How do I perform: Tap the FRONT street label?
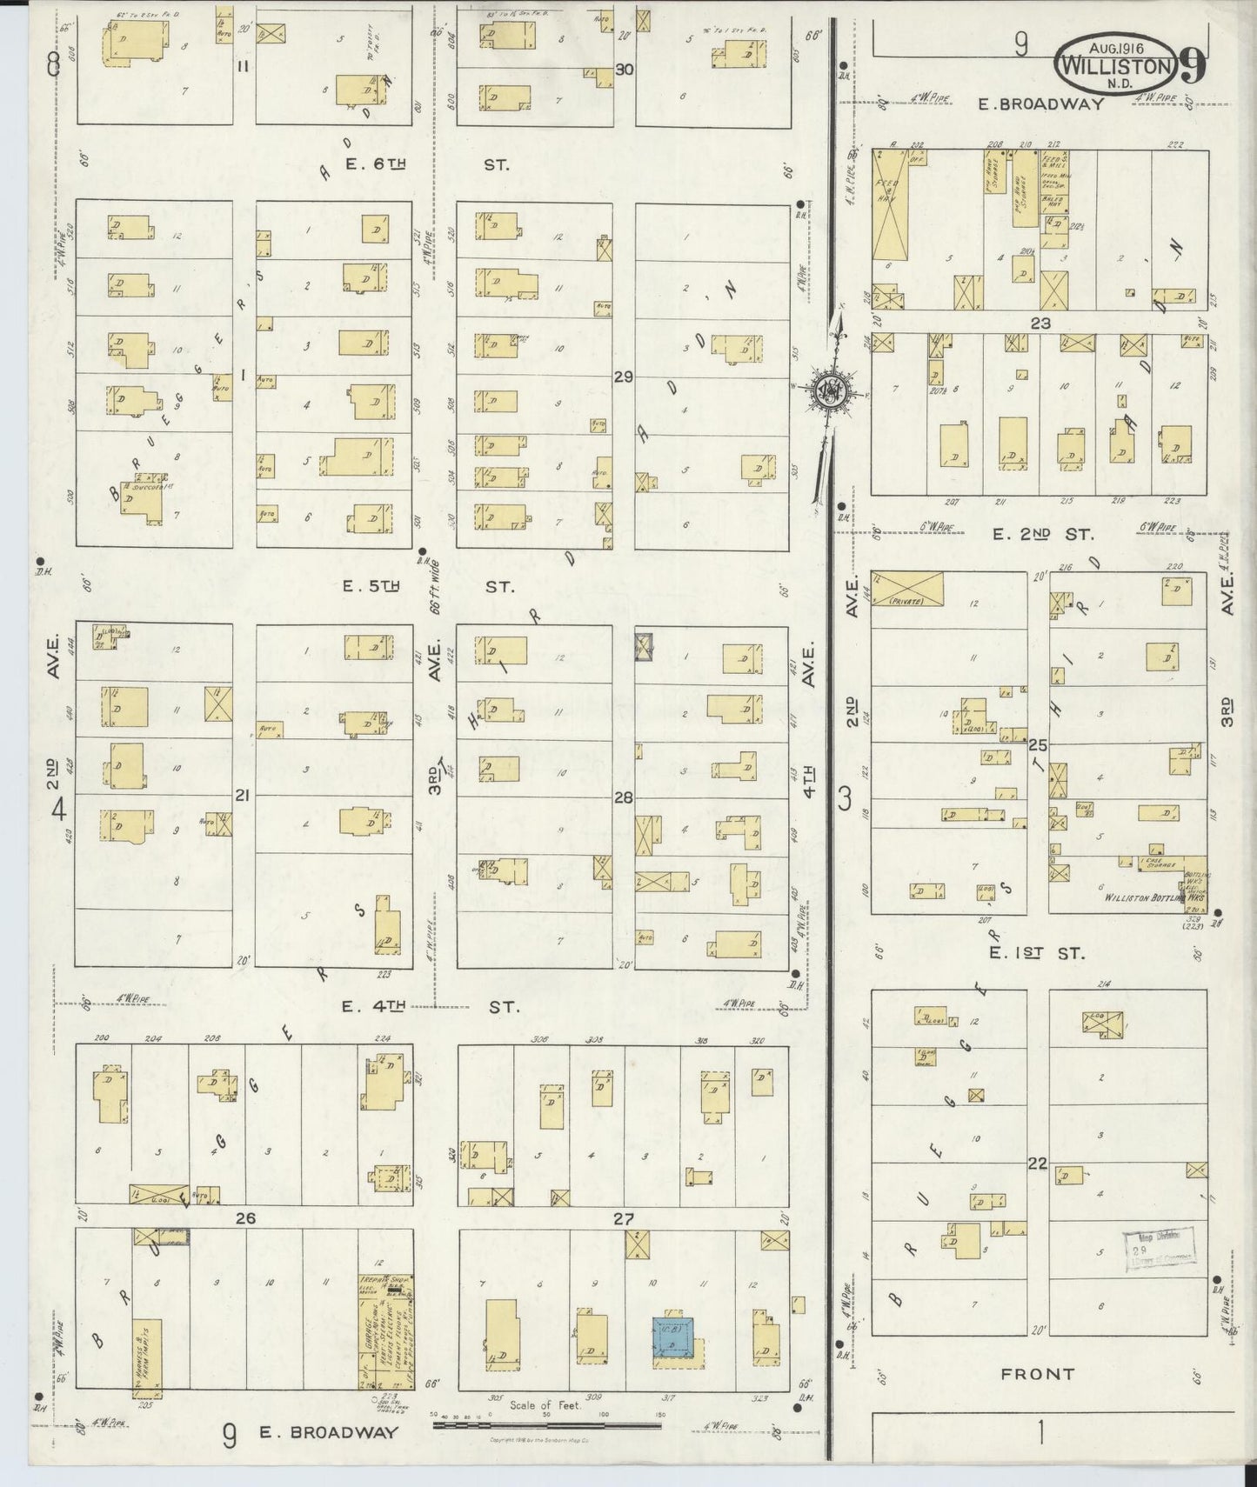point(1037,1374)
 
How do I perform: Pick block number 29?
point(623,377)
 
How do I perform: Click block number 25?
point(1037,745)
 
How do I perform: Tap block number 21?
point(243,795)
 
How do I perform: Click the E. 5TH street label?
point(371,587)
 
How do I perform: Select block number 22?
point(1036,1164)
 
